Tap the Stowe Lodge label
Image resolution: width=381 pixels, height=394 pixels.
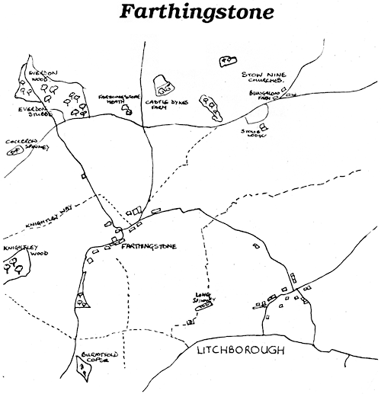pos(253,134)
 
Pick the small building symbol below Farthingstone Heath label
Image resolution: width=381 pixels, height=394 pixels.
pos(128,112)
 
